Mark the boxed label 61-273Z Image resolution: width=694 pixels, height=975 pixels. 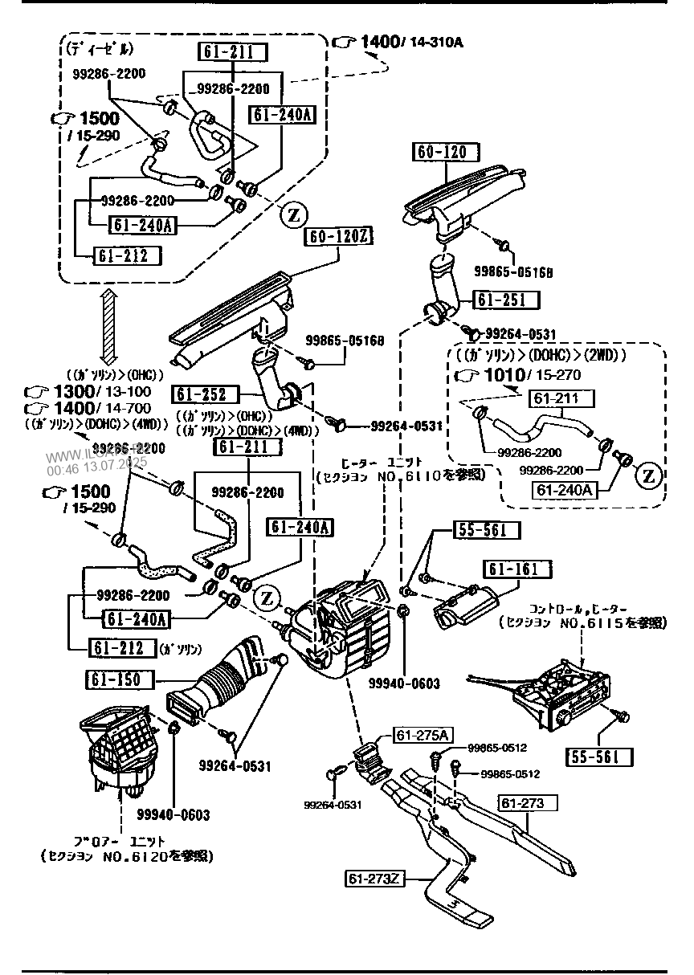coord(373,879)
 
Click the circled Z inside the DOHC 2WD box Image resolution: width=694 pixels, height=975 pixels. coord(648,475)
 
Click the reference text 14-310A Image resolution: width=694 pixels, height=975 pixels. coord(438,42)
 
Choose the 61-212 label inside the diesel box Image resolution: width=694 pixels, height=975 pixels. coord(126,255)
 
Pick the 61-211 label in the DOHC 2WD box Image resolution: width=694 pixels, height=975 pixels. coord(561,398)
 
